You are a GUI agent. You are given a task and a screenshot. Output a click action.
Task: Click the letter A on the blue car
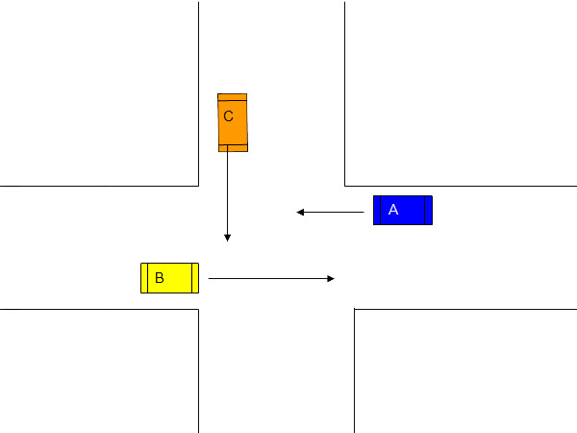click(393, 210)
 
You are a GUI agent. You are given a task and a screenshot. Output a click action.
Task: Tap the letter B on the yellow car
click(160, 278)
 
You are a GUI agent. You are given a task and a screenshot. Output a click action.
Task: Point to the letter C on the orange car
click(228, 116)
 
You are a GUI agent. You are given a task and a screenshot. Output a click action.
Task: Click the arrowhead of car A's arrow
click(300, 212)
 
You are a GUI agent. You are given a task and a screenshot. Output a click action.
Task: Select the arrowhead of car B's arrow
click(331, 279)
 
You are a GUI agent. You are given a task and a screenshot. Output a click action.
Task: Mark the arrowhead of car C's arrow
click(227, 238)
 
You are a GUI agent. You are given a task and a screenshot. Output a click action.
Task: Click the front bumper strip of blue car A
click(377, 210)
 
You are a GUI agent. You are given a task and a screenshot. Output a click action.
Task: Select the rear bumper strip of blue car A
click(428, 210)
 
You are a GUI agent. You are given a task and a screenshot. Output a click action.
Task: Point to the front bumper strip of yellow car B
click(195, 278)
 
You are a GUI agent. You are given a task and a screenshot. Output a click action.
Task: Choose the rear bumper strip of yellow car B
click(144, 278)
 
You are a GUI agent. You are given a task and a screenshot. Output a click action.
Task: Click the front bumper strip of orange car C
click(233, 148)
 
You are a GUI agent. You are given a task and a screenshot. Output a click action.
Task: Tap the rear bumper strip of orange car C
click(232, 97)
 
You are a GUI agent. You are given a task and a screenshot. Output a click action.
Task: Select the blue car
click(403, 210)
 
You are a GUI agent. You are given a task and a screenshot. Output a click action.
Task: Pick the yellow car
click(169, 278)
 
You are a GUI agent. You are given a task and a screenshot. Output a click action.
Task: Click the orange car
click(233, 122)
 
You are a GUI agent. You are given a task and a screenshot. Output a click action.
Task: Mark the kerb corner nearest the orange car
click(199, 186)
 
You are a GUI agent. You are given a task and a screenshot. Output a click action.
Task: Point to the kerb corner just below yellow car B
click(199, 309)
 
